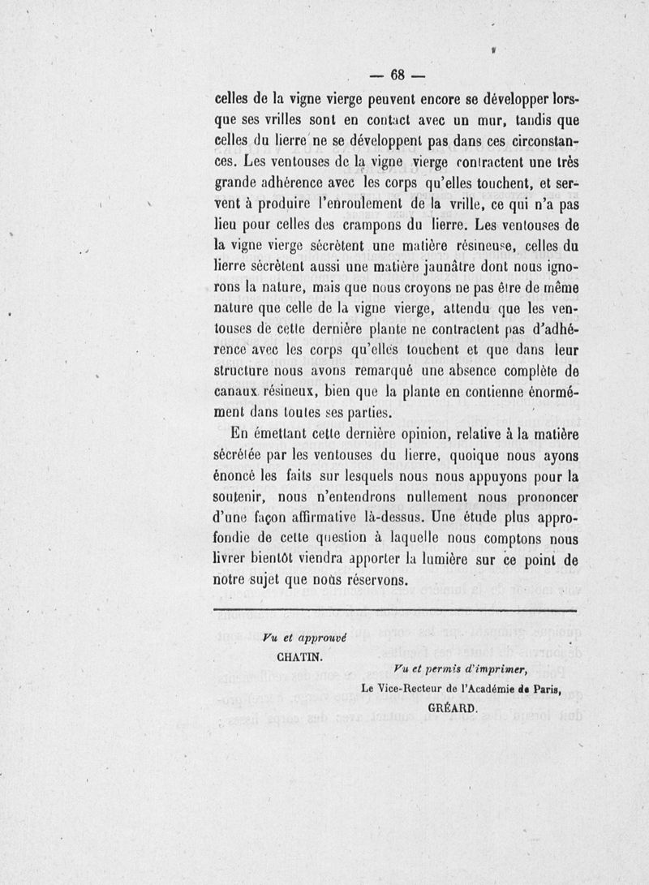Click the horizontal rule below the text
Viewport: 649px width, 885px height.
tap(394, 610)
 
